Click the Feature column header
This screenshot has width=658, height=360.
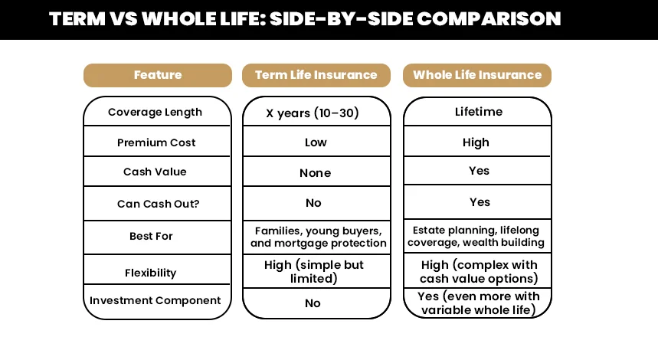(157, 75)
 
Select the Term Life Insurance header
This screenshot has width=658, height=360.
(316, 75)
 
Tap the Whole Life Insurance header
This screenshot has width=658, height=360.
(476, 75)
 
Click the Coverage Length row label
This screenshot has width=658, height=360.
(155, 112)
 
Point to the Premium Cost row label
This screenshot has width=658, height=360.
(156, 142)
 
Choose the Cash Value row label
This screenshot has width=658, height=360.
(155, 172)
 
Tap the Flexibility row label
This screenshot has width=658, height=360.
(150, 273)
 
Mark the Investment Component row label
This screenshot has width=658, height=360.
(155, 301)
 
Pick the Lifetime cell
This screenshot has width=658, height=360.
(479, 112)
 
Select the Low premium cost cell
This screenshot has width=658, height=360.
(316, 142)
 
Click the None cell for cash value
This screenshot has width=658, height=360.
(315, 173)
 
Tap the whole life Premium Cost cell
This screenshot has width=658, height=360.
(476, 142)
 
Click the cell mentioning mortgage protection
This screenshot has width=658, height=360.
(318, 237)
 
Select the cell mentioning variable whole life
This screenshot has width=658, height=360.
(478, 303)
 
